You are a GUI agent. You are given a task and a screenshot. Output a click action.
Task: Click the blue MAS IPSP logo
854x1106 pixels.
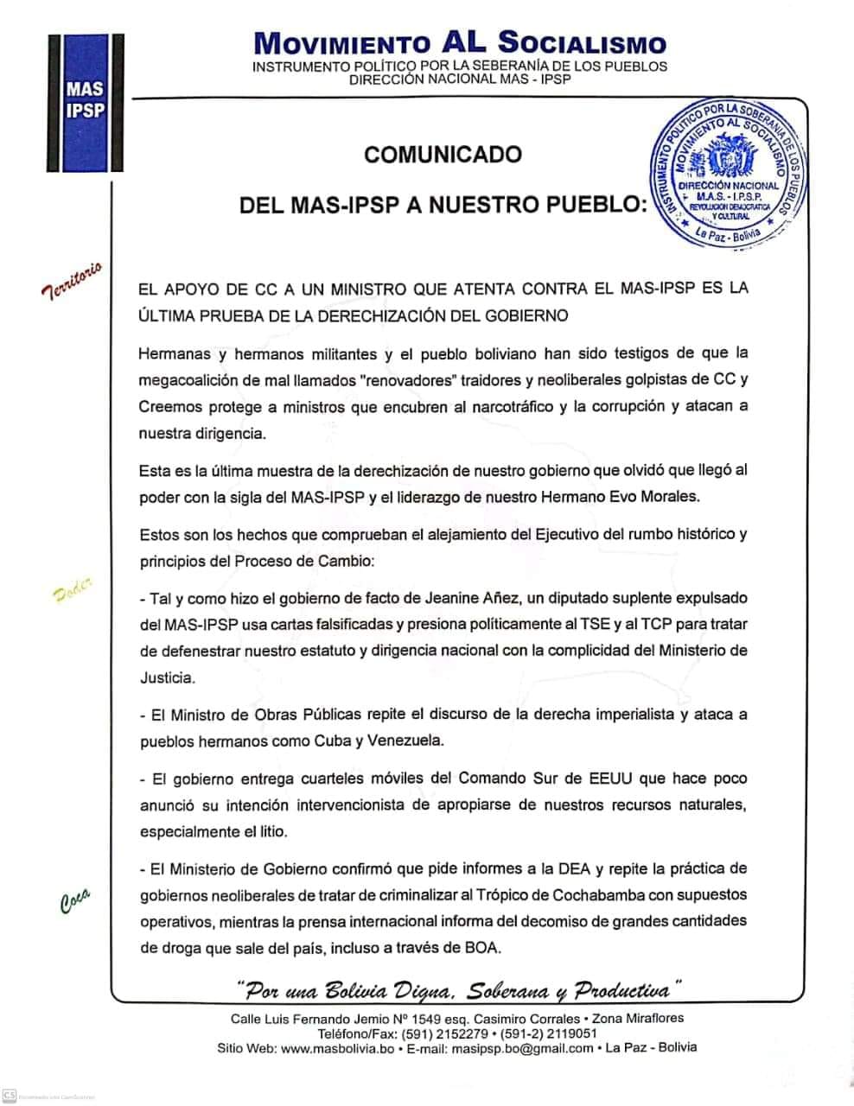click(87, 102)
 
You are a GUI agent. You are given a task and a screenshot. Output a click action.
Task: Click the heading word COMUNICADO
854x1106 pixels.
click(443, 155)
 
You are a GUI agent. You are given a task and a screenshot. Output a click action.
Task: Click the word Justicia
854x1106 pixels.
click(167, 677)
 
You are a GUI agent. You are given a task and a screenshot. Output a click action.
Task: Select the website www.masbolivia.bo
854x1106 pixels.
click(337, 1048)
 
